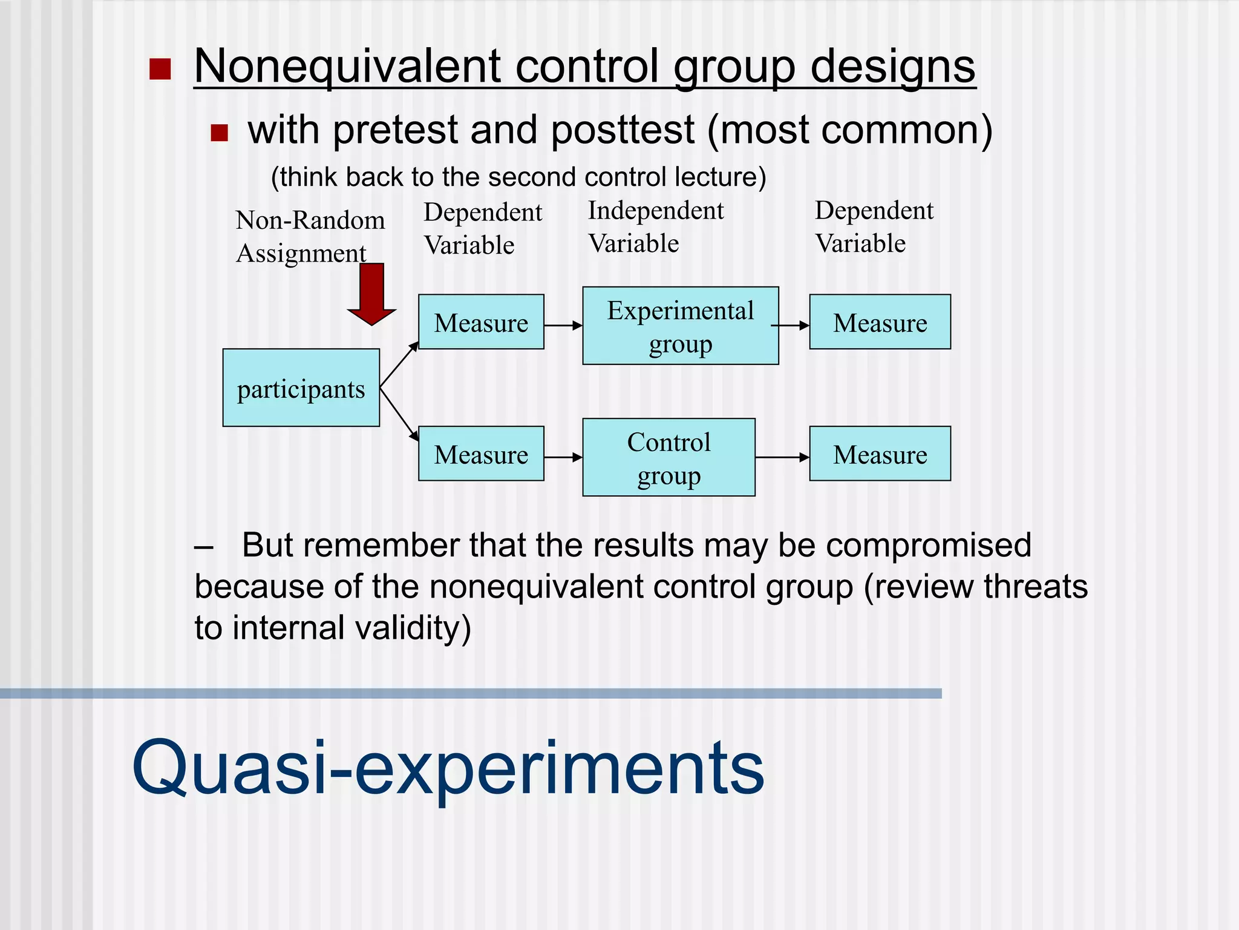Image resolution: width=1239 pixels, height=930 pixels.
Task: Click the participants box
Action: [301, 387]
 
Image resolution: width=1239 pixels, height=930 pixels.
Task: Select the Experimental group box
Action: [680, 326]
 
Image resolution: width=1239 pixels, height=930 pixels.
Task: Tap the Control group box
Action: [669, 457]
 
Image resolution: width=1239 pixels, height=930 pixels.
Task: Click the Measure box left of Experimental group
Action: [481, 322]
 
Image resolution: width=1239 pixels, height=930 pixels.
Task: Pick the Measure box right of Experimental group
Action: [880, 322]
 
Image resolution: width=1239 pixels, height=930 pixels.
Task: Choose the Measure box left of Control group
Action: [481, 453]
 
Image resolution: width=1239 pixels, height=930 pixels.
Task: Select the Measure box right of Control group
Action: [880, 453]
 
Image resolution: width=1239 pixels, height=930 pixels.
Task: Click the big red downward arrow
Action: [371, 294]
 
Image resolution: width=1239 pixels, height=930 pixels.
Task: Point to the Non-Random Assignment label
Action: [310, 237]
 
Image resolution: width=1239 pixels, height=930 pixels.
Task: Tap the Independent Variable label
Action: [656, 227]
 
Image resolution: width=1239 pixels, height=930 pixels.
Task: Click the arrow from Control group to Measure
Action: [782, 457]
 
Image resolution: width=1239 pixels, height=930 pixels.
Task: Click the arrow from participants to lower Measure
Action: [399, 415]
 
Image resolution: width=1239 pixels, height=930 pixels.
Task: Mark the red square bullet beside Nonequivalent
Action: [160, 69]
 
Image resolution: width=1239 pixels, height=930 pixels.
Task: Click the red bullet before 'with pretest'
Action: [219, 133]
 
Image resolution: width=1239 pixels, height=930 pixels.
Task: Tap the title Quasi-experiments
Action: [448, 768]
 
